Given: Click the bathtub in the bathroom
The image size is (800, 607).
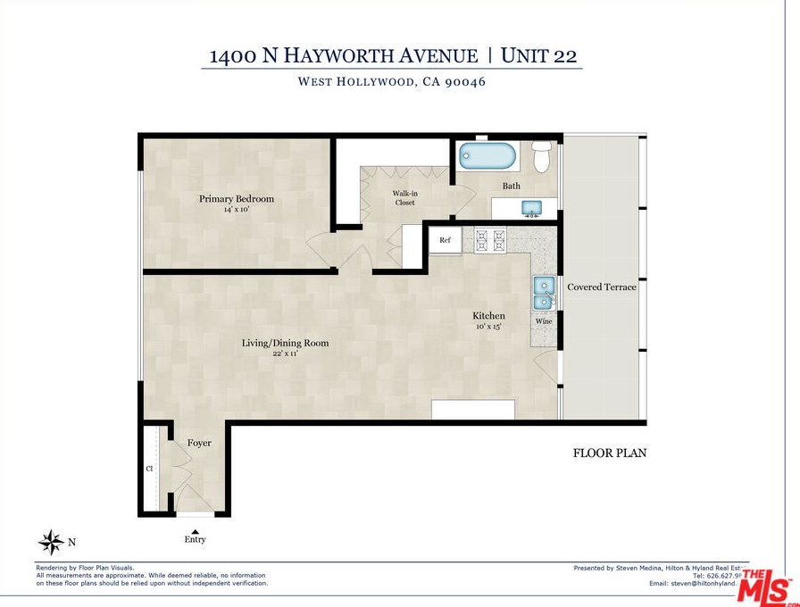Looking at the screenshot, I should (487, 156).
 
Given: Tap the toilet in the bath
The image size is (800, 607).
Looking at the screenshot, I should (540, 158).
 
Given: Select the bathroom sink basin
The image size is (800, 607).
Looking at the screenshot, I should (531, 208).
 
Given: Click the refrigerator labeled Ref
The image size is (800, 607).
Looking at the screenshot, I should (445, 240).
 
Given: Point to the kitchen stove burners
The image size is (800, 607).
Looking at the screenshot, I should (490, 238).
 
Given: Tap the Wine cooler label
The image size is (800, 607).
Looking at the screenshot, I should (544, 321).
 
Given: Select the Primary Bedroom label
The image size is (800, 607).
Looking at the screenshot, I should (237, 199).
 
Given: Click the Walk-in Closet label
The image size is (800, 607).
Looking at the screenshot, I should (405, 197).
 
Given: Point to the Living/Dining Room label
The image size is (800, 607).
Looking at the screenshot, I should (286, 343).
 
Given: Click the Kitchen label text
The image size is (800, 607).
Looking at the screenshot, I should (488, 316).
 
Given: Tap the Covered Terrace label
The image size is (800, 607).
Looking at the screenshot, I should (602, 287).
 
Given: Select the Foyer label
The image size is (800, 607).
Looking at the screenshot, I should (199, 443).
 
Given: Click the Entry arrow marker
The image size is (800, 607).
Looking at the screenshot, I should (195, 532).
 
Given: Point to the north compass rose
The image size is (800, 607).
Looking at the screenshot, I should (51, 542).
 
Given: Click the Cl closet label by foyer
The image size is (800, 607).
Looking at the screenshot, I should (149, 468).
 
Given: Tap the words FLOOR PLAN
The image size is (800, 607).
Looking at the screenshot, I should (609, 453).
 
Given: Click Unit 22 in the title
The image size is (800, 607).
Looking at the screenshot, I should (538, 55).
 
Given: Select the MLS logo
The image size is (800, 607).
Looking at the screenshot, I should (766, 586).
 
